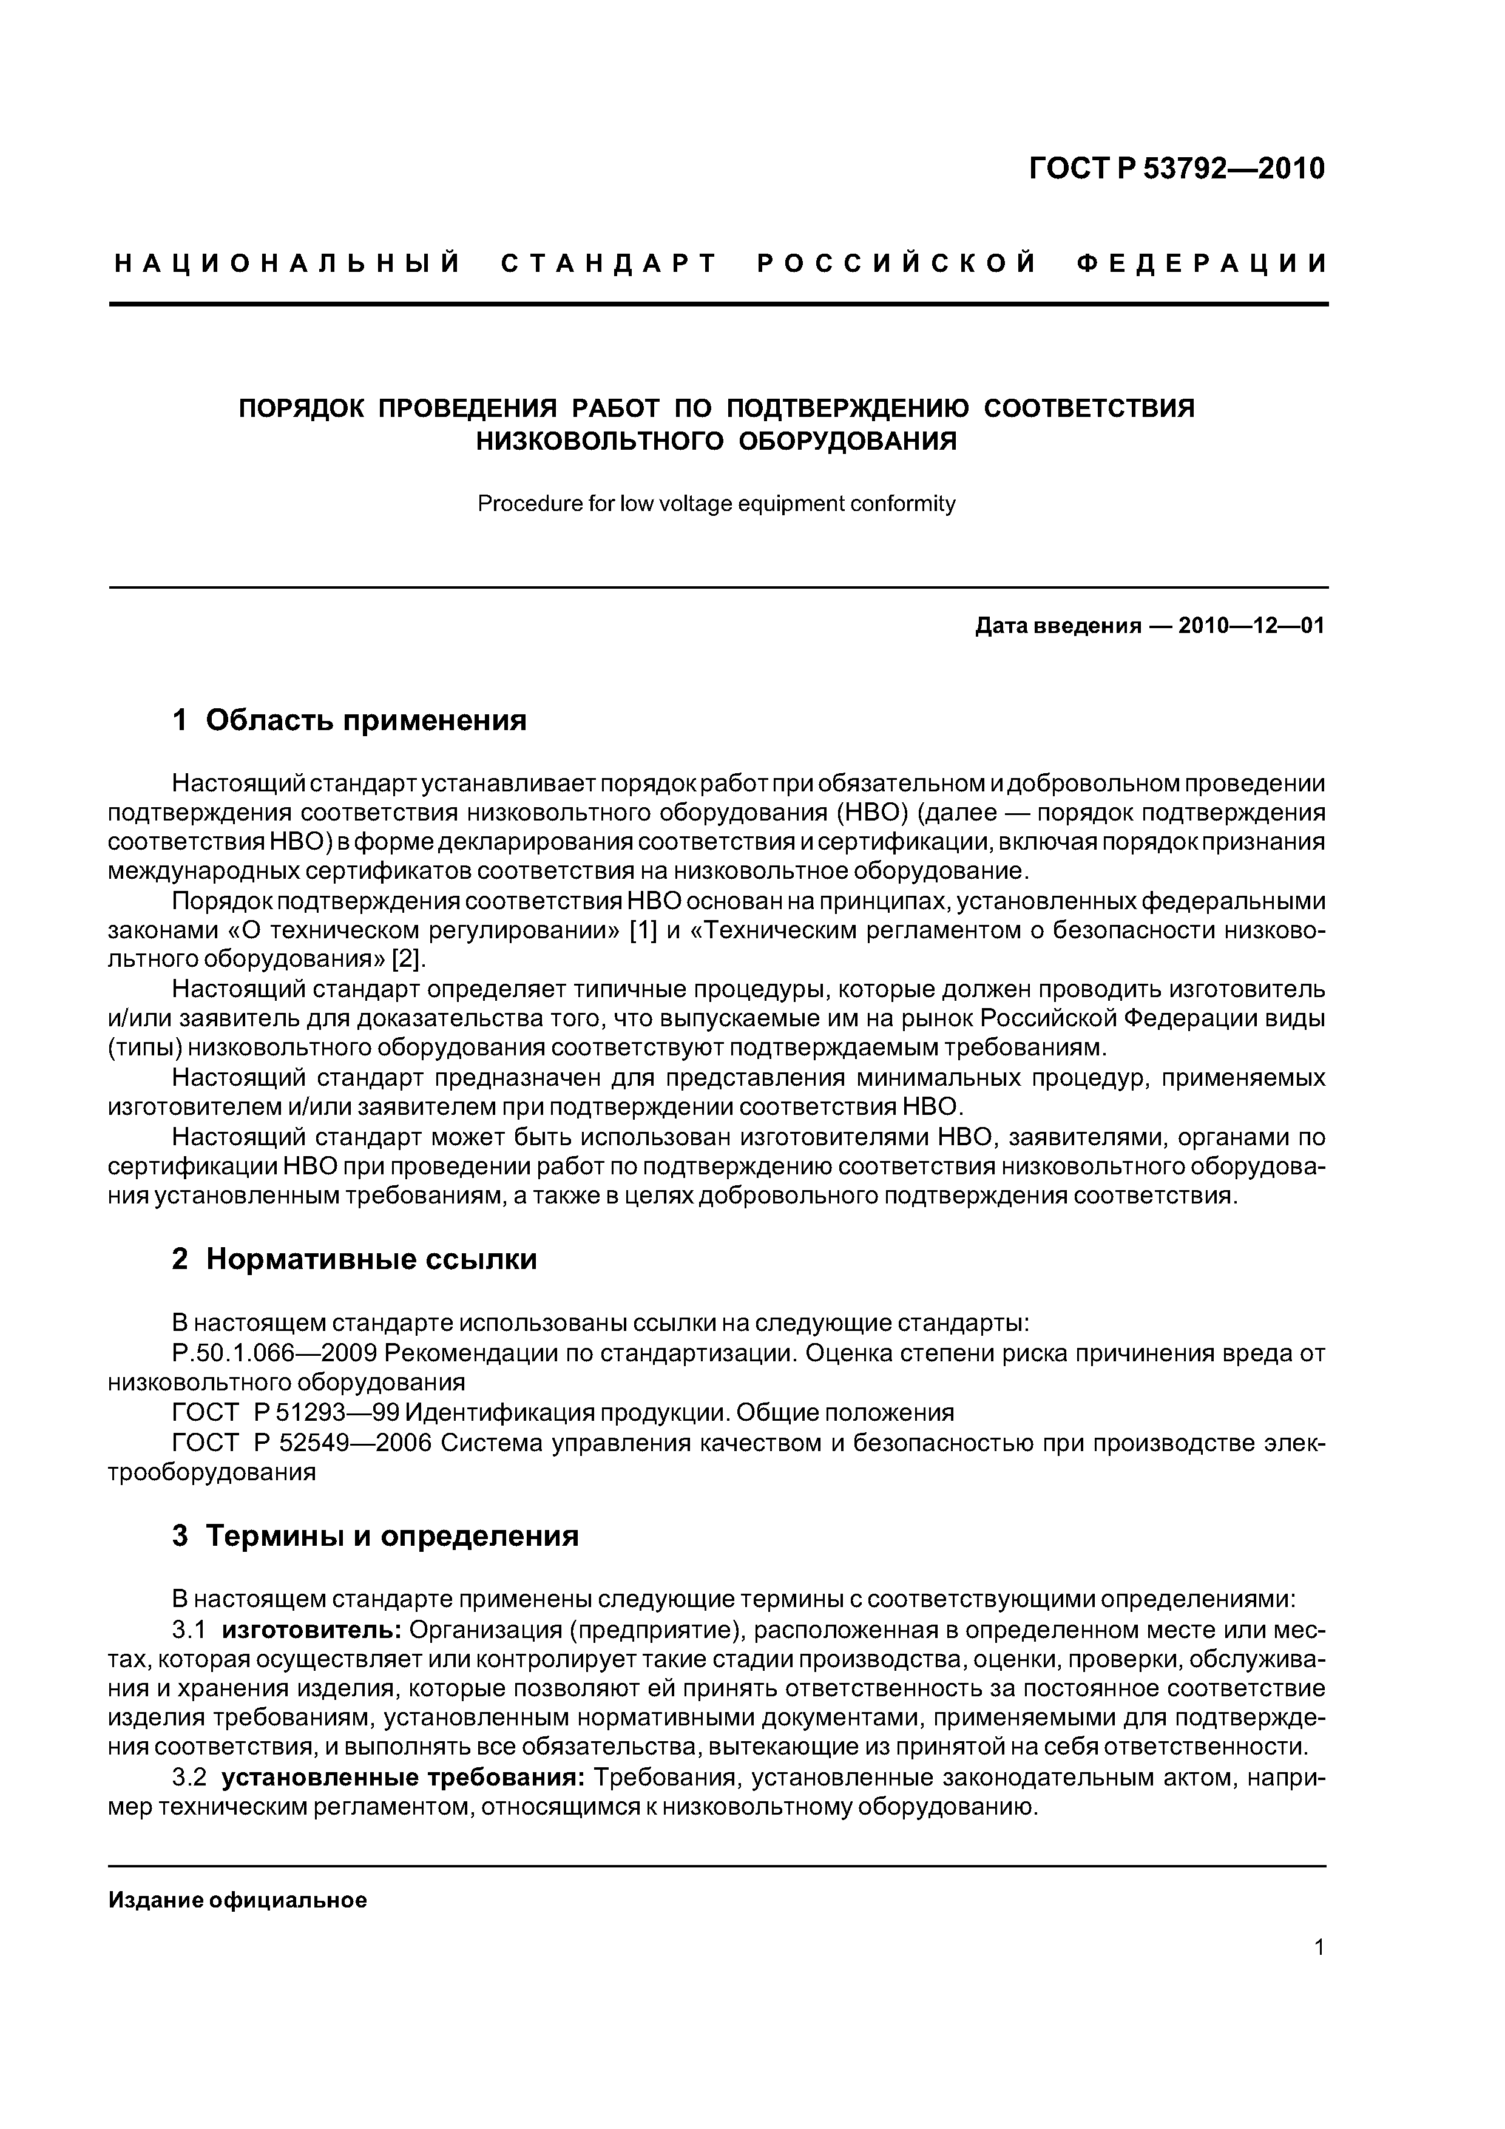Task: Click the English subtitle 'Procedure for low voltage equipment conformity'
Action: coord(716,504)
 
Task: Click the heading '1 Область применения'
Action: coord(350,720)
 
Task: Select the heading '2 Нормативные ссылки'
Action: coord(354,1259)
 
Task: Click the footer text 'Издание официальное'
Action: coord(237,1900)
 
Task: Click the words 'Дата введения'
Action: coord(1056,626)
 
